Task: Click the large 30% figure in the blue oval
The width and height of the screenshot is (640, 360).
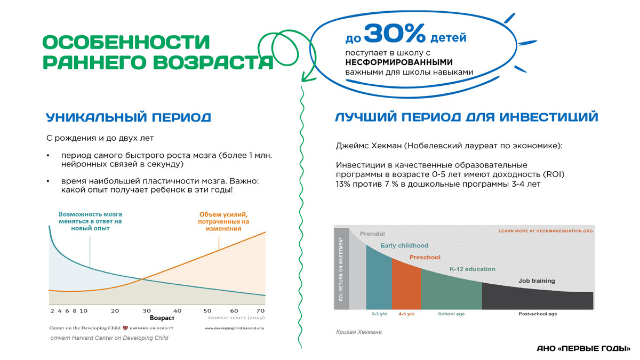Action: coord(395,33)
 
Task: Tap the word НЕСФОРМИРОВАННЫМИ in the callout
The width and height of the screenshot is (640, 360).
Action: coord(399,62)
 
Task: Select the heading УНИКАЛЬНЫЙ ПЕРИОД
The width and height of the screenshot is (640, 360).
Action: coord(129,117)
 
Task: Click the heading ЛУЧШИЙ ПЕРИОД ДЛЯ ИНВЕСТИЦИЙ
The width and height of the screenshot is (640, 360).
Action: coord(466,117)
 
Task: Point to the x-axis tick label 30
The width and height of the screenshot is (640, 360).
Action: coord(147,311)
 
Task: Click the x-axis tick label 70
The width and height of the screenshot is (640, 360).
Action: coord(261,311)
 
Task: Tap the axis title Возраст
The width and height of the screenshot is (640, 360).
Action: coord(162,318)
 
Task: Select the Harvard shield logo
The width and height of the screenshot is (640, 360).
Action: coord(125,328)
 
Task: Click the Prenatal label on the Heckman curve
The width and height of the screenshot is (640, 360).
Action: coord(372,234)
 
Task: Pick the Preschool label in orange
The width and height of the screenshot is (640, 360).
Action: coord(425,257)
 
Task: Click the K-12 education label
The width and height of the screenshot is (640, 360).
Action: coord(473,269)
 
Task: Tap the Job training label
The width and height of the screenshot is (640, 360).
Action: coord(537,281)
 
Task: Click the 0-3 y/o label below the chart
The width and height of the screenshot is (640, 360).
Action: coord(379,314)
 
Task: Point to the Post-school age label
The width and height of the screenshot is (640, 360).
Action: coord(538,314)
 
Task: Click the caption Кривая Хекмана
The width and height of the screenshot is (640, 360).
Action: coord(358,332)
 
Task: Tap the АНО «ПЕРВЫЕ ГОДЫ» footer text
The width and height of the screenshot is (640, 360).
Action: coord(583,349)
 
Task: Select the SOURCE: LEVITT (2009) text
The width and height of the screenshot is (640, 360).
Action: coord(236,318)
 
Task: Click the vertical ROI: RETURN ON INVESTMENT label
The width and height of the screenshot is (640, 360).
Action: coord(341,269)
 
